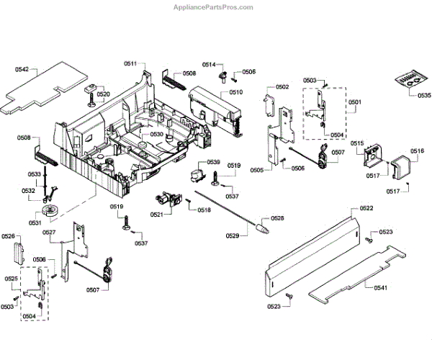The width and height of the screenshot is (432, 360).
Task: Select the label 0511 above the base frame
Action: (130, 65)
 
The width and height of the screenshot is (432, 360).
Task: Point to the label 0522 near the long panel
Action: (366, 208)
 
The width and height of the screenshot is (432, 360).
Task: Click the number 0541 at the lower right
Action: (381, 288)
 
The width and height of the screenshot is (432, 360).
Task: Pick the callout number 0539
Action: (213, 162)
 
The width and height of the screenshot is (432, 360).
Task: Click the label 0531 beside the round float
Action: (34, 222)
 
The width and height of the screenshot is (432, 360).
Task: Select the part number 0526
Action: (9, 236)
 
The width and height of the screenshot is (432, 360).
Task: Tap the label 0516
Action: (417, 150)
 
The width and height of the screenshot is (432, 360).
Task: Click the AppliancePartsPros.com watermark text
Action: (215, 7)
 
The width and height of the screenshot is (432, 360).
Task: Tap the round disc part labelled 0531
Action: (49, 210)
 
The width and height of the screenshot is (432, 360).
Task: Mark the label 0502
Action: (282, 87)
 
